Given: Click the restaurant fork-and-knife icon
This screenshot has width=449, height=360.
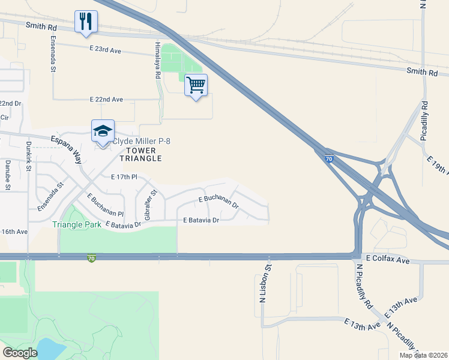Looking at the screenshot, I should point(86,22).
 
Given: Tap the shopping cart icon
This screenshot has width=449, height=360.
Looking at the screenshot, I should point(196,85).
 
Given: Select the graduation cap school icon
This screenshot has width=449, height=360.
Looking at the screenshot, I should point(103,131).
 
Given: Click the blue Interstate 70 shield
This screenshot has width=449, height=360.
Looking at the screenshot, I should point(329,159).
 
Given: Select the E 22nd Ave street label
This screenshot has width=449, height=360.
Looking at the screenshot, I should point(106,99).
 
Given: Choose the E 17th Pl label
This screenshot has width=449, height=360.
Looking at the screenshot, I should point(125,177).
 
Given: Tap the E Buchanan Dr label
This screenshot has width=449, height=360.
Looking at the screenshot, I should point(218,201).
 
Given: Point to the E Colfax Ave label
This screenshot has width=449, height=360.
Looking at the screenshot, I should point(390,260).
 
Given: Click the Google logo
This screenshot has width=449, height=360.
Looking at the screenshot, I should point(20,353).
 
